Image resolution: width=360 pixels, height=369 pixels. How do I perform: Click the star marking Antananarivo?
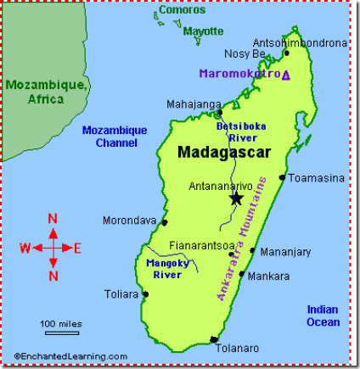pos(235,198)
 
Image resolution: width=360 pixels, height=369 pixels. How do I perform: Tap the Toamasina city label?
pos(316,178)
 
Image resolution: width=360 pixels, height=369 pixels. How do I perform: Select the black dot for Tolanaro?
pos(213,339)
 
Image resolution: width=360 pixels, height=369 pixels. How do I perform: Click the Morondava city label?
pos(129,221)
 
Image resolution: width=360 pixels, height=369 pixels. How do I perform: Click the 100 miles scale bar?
pos(59,332)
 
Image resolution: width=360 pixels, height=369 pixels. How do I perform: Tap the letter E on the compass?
pos(77,248)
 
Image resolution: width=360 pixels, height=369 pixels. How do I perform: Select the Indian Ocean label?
pos(323,316)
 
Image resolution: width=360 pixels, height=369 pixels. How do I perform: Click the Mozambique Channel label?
pos(115,136)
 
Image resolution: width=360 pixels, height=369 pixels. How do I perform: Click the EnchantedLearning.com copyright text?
pos(70,356)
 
